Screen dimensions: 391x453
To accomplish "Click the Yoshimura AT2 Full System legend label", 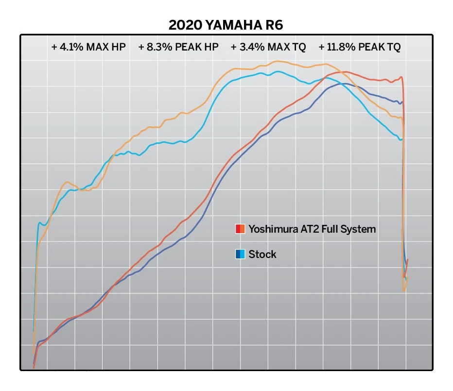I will (x=312, y=228).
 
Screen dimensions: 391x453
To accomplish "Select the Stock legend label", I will (x=262, y=254).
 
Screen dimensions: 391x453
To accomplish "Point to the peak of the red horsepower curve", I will (x=345, y=72).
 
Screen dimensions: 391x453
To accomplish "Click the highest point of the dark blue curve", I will (x=343, y=84).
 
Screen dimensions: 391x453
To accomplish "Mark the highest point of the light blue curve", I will (x=278, y=71).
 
